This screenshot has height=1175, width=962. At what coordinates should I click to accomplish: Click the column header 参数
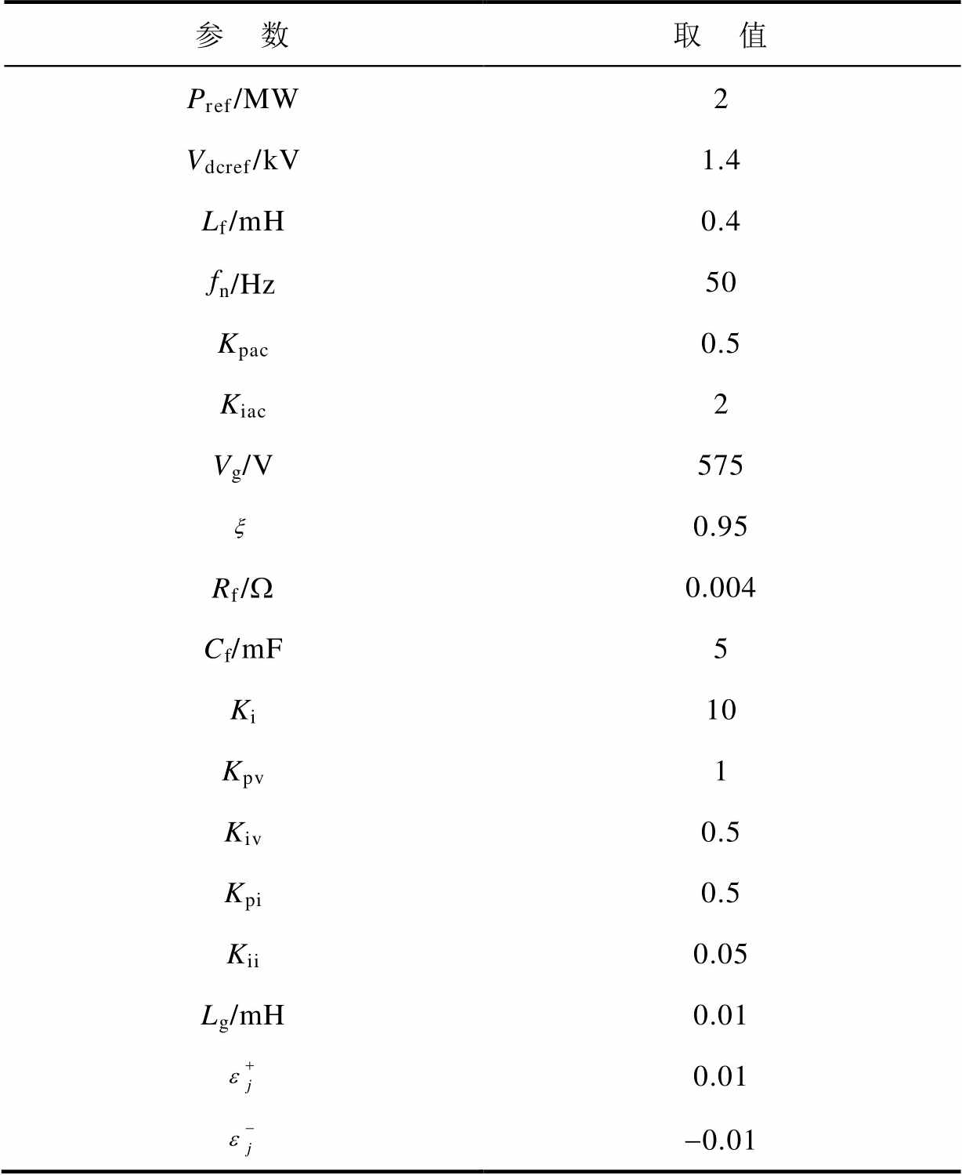point(242,35)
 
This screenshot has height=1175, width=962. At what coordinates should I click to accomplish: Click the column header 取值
point(720,35)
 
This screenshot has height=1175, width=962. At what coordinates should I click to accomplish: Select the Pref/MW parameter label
point(242,100)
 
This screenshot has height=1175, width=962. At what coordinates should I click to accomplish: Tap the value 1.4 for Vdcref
point(720,160)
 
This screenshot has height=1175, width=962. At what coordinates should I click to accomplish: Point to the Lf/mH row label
point(242,222)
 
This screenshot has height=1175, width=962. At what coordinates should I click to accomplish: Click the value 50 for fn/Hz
point(720,282)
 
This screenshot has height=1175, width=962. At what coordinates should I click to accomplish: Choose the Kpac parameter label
point(242,344)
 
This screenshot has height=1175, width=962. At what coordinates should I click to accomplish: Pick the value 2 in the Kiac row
point(720,404)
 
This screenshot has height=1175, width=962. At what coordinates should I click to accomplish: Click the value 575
point(720,466)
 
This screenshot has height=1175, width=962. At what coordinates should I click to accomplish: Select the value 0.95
point(720,527)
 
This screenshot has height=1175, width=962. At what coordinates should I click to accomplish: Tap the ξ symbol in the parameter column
point(240,528)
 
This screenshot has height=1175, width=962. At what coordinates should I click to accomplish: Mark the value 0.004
point(720,588)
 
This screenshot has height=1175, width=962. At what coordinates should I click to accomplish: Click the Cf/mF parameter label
point(242,649)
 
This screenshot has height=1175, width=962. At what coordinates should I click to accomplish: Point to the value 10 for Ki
point(720,710)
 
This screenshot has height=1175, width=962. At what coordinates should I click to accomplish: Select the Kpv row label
point(242,772)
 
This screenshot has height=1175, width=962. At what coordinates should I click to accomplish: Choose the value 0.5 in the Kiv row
point(720,832)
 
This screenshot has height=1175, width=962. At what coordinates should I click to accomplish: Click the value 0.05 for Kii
point(720,954)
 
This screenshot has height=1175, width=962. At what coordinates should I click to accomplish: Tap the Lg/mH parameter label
point(242,1016)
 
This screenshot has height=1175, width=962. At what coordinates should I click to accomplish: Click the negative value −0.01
point(720,1140)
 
